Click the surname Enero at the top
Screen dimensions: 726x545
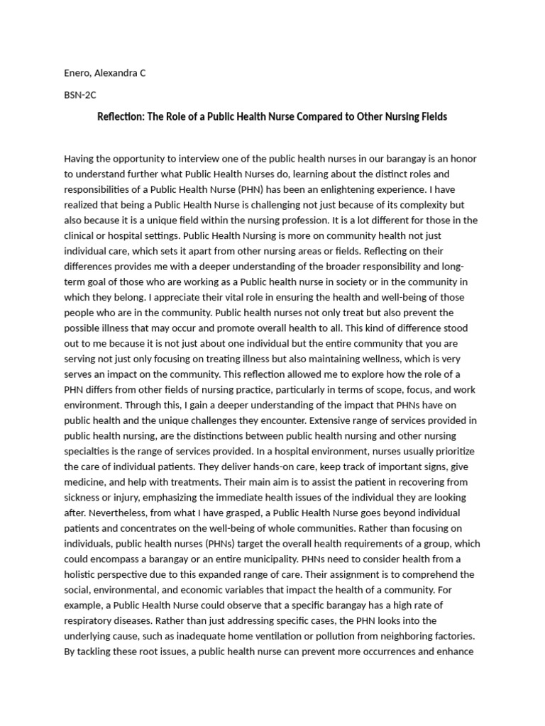(77, 73)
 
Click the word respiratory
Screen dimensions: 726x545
(87, 620)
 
